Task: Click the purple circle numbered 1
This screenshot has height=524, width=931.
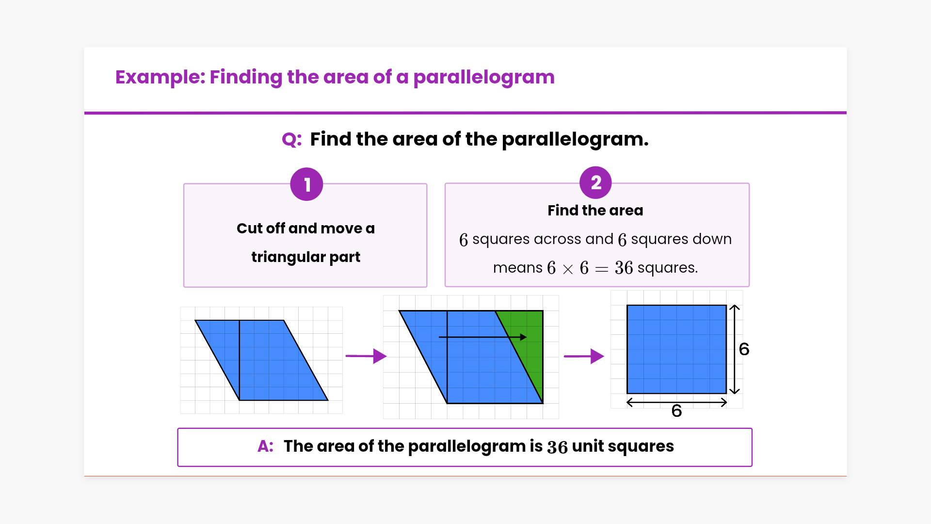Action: (x=306, y=184)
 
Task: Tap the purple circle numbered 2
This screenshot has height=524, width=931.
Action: (x=595, y=183)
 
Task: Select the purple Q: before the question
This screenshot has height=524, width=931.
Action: (x=291, y=140)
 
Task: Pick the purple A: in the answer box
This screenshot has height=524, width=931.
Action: (x=265, y=446)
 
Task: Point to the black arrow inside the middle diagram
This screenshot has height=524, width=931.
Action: (x=482, y=337)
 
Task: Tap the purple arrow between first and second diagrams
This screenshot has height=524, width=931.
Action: (x=366, y=356)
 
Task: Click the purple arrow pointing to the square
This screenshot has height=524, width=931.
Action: (x=584, y=356)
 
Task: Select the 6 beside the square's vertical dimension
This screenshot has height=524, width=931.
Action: (x=744, y=349)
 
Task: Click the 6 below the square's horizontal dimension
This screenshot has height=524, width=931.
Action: (x=676, y=411)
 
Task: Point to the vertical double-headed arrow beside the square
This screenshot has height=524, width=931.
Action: (x=735, y=349)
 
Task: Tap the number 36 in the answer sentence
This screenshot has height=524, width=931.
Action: (x=557, y=447)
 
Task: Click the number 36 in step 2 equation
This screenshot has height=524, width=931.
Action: (x=624, y=268)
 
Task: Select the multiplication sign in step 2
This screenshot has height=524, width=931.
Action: (x=568, y=269)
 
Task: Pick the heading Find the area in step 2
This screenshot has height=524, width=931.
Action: (x=595, y=211)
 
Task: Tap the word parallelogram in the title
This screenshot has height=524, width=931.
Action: (x=483, y=78)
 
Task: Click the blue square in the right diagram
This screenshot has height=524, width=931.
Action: (x=676, y=349)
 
